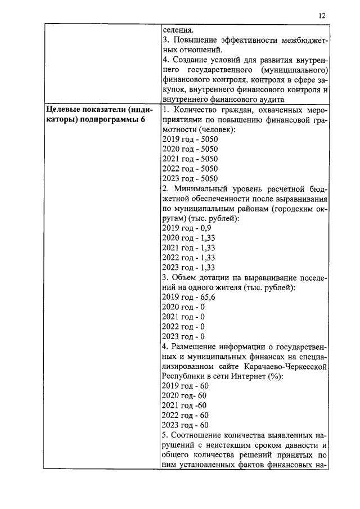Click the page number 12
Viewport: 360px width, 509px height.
[x=321, y=16]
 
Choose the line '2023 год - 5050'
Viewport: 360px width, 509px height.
[x=190, y=178]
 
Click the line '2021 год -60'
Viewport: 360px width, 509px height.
[x=184, y=406]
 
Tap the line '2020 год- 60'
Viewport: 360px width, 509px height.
[x=184, y=396]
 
